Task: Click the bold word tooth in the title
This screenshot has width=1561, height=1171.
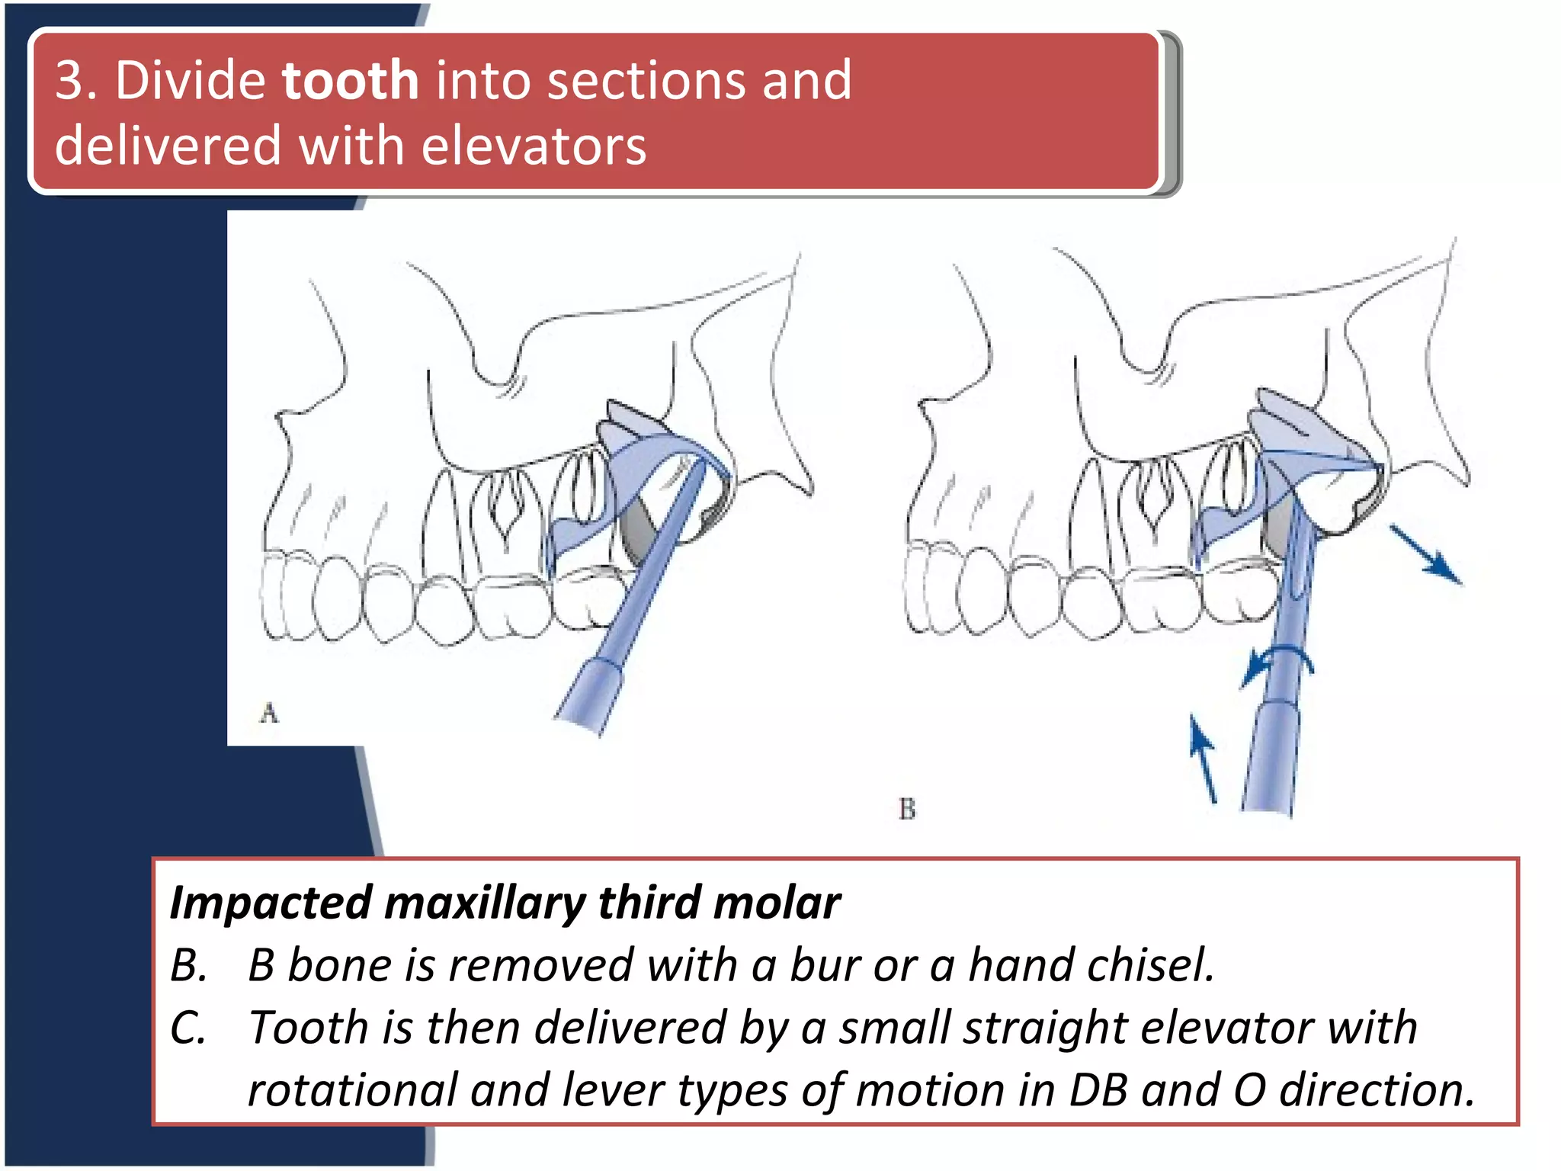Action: click(350, 80)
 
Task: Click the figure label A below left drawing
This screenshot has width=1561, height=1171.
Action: click(269, 714)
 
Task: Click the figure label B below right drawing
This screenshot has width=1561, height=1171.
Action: click(906, 809)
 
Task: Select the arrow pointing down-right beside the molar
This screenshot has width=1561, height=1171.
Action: click(1425, 554)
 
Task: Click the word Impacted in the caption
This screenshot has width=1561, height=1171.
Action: click(271, 903)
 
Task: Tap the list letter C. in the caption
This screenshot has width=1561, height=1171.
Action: click(188, 1028)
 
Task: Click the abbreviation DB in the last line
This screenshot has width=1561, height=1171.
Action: click(1098, 1090)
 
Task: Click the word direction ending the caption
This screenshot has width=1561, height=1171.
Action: click(1376, 1090)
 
